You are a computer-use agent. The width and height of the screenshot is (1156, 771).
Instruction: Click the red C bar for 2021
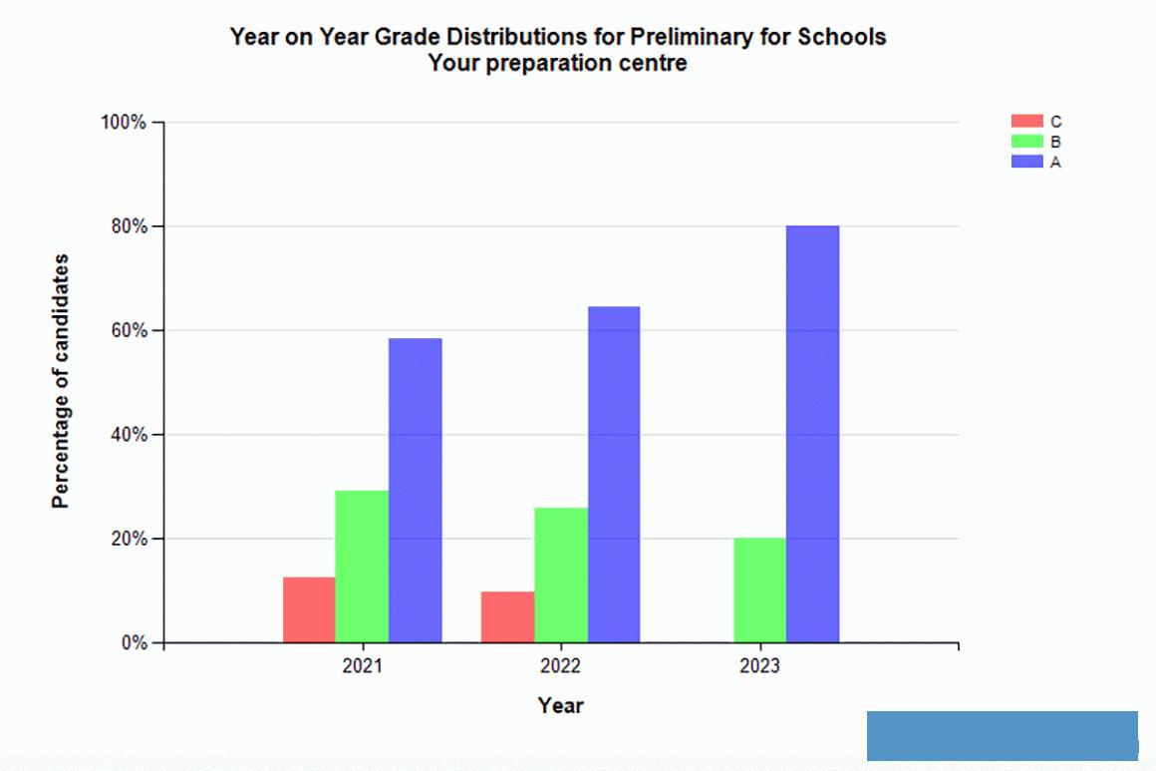309,609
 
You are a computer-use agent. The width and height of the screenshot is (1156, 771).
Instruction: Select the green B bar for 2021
362,567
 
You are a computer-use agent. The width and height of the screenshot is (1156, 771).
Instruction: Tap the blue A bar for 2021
415,490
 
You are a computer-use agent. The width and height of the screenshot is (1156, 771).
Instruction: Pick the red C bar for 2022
507,616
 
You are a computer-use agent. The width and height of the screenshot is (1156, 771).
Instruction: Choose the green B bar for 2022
561,575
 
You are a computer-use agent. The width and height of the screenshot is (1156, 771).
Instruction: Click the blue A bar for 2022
614,474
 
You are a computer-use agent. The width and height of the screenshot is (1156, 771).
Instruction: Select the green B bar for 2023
759,590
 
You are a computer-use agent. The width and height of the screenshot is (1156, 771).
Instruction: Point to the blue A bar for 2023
812,434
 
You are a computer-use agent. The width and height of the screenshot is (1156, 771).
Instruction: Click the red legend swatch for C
1026,122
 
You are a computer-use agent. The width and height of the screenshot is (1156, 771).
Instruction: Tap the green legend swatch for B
1026,142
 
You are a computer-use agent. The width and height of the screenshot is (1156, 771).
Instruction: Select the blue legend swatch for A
1026,161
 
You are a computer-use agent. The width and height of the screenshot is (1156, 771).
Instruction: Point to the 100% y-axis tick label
124,123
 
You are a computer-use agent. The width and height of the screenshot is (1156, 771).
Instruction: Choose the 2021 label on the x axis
362,665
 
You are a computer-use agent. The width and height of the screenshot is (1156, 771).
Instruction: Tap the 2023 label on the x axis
759,665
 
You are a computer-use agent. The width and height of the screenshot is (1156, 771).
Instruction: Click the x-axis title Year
561,706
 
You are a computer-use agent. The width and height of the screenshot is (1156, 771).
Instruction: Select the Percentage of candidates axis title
62,381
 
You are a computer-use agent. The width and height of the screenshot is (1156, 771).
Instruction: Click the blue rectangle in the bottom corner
1002,736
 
